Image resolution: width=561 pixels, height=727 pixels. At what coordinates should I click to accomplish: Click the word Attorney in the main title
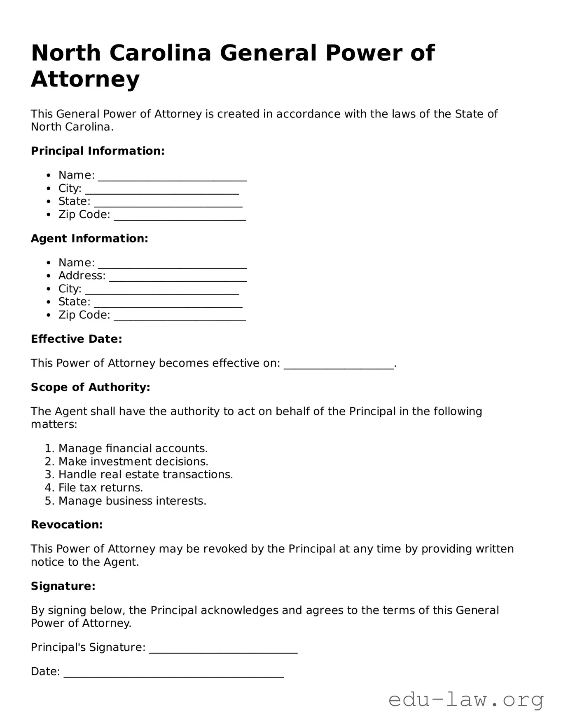coord(85,79)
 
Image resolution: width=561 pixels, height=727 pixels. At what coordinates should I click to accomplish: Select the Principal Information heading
coord(98,151)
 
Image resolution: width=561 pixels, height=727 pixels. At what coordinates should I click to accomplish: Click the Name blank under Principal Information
coord(172,176)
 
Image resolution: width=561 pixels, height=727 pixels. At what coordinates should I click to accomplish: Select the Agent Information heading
coord(89,238)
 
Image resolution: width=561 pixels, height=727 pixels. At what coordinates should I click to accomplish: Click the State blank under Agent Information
coord(168,303)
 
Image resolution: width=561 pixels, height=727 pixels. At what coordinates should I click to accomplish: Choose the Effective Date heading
coord(76,339)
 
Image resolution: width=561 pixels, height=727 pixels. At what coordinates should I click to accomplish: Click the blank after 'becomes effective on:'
coord(339,365)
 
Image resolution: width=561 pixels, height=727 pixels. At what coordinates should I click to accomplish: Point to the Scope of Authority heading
coord(90,387)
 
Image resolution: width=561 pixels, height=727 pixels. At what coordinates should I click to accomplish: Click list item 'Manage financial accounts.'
coord(133,448)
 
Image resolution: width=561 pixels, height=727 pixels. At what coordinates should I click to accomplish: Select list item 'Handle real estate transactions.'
coord(145,475)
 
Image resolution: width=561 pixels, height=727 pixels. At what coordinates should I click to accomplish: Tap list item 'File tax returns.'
coord(101,488)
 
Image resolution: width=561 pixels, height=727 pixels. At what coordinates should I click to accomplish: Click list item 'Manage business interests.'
coord(132,501)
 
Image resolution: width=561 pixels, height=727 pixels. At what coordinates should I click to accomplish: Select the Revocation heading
coord(67,525)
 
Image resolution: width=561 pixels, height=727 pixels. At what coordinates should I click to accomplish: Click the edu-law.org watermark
coord(466,700)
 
